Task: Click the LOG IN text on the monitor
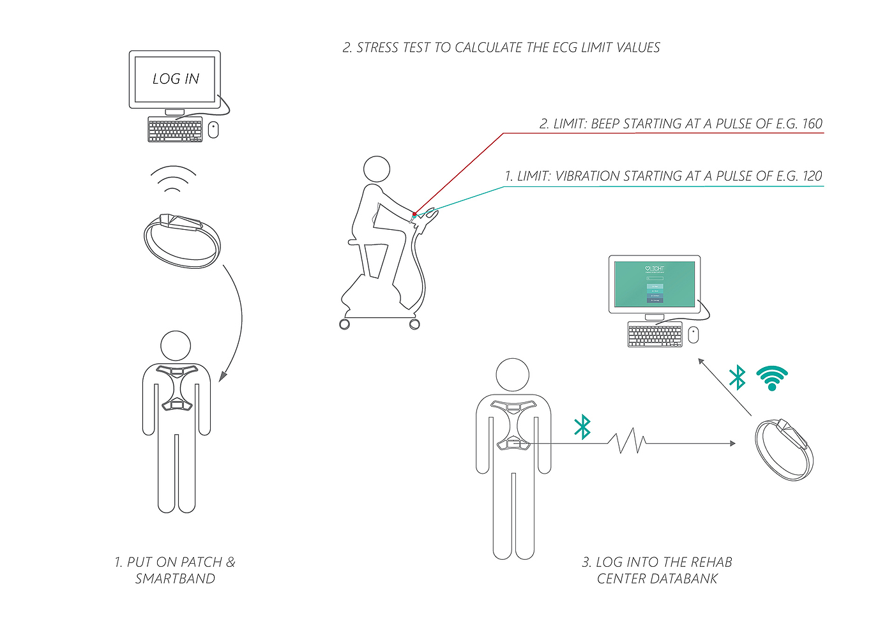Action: (x=176, y=79)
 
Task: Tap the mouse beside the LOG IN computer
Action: (x=213, y=130)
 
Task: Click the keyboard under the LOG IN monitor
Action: (x=175, y=130)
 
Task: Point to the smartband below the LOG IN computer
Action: (x=183, y=240)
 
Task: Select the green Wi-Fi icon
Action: (x=772, y=379)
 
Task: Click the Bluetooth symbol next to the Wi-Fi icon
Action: (x=738, y=377)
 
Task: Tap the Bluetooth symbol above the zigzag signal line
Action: (x=582, y=427)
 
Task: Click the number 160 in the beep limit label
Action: (x=812, y=124)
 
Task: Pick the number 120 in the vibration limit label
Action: (x=812, y=176)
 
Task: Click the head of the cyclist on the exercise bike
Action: (x=377, y=170)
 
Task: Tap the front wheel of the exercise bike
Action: (x=414, y=324)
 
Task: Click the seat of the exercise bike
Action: (x=356, y=243)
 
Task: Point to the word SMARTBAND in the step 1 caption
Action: (x=175, y=579)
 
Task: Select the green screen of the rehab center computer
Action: (x=655, y=283)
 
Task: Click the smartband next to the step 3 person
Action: (x=784, y=449)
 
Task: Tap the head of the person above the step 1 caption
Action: (x=176, y=346)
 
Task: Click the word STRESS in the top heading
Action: (x=377, y=48)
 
